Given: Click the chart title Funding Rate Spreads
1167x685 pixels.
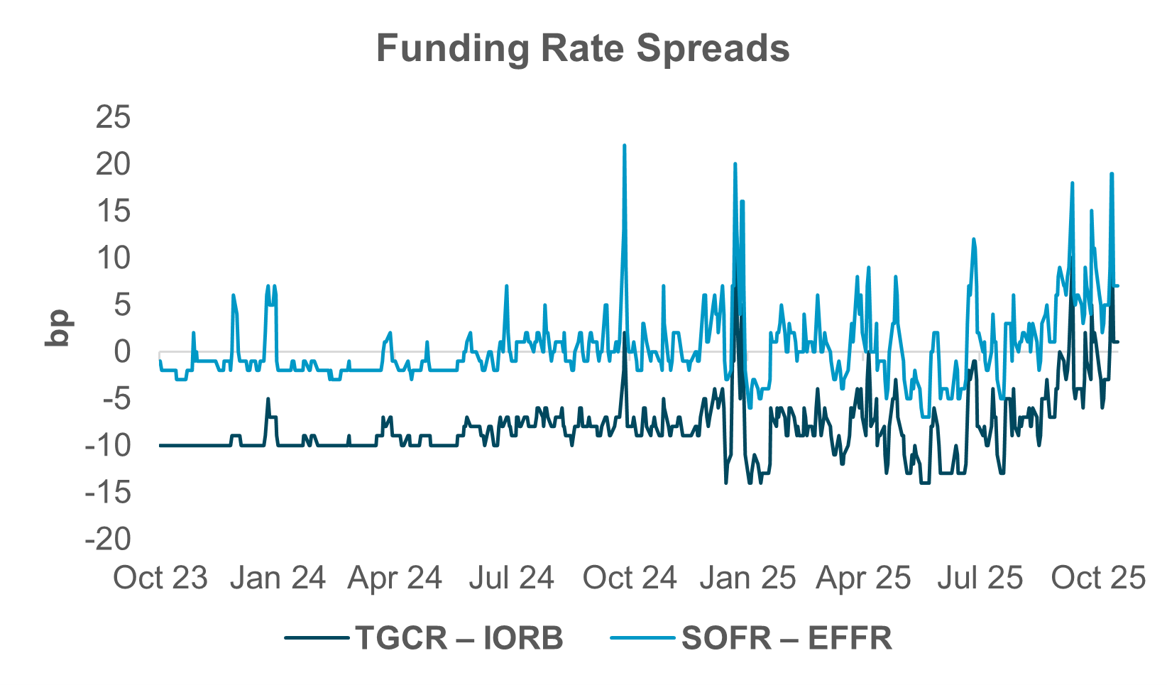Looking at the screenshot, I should (x=583, y=49).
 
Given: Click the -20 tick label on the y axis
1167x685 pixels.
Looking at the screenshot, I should (x=108, y=539).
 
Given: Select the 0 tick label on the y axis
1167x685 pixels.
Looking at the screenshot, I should (x=122, y=351).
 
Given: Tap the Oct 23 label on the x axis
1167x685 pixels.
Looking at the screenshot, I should (x=160, y=578).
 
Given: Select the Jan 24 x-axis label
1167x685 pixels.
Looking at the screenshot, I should (x=278, y=578).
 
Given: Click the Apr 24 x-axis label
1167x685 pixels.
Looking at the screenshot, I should (x=395, y=578).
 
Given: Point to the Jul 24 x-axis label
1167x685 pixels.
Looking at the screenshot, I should (x=512, y=578).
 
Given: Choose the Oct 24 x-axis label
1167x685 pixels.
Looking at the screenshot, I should (x=630, y=578).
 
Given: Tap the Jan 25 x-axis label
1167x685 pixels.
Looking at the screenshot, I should (x=747, y=578).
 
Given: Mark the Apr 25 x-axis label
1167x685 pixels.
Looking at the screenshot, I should (x=863, y=578).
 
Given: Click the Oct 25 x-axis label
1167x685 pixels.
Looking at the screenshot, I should (x=1098, y=578).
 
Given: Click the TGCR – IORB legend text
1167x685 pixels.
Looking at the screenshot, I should (x=459, y=638).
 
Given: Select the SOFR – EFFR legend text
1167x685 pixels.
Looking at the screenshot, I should (x=787, y=638).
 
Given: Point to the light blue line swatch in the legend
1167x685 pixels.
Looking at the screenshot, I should (x=642, y=638).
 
